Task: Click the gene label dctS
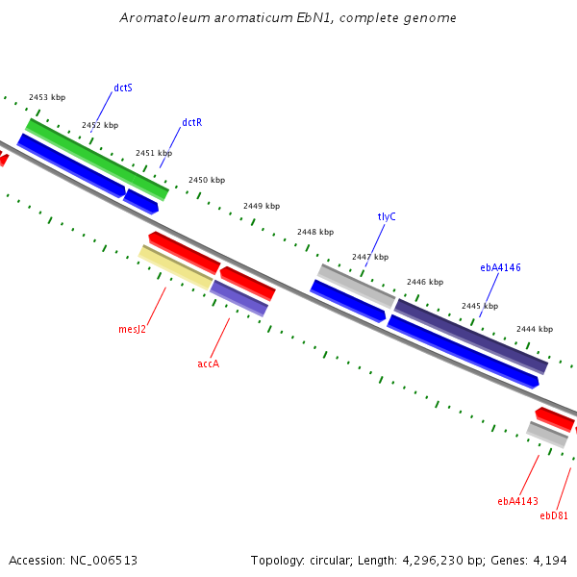[x=123, y=88]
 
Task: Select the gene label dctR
[x=192, y=122]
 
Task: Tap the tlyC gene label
[x=387, y=216]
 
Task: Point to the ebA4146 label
[x=500, y=267]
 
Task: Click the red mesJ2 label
[x=132, y=329]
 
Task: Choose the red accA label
[x=209, y=364]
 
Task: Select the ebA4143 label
[x=517, y=501]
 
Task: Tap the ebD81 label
[x=554, y=515]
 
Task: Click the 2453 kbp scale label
[x=47, y=97]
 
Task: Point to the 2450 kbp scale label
[x=207, y=180]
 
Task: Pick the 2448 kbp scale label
[x=315, y=232]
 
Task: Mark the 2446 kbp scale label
[x=425, y=282]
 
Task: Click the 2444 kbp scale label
[x=535, y=329]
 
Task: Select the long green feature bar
[x=97, y=160]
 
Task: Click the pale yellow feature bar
[x=176, y=267]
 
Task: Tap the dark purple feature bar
[x=471, y=337]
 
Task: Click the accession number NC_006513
[x=104, y=561]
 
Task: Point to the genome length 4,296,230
[x=433, y=561]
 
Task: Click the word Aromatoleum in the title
[x=164, y=17]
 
